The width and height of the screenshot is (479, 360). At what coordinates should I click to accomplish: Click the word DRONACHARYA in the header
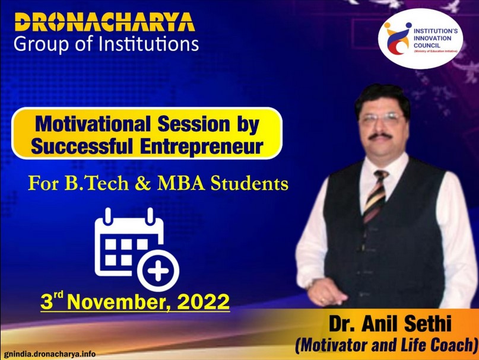pyautogui.click(x=105, y=22)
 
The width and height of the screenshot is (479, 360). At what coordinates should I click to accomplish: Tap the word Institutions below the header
pyautogui.click(x=149, y=44)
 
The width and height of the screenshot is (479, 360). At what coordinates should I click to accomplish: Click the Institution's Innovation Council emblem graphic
pyautogui.click(x=397, y=38)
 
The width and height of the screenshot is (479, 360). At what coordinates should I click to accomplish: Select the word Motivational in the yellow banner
pyautogui.click(x=93, y=125)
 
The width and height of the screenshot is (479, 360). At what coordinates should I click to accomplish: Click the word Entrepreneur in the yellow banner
pyautogui.click(x=202, y=146)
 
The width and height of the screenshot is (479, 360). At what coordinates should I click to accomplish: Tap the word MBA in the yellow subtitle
pyautogui.click(x=181, y=183)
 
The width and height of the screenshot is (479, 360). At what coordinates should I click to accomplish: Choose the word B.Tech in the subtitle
pyautogui.click(x=97, y=183)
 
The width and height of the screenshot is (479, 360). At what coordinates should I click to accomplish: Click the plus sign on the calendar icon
pyautogui.click(x=158, y=270)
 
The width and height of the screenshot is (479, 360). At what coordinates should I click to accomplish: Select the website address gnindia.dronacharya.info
pyautogui.click(x=50, y=354)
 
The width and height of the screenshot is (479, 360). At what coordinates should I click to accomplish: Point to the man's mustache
pyautogui.click(x=380, y=136)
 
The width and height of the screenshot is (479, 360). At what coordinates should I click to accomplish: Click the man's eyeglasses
pyautogui.click(x=382, y=117)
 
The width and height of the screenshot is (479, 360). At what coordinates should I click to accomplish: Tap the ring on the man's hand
pyautogui.click(x=322, y=300)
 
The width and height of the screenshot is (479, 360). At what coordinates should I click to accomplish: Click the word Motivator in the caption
pyautogui.click(x=331, y=345)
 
